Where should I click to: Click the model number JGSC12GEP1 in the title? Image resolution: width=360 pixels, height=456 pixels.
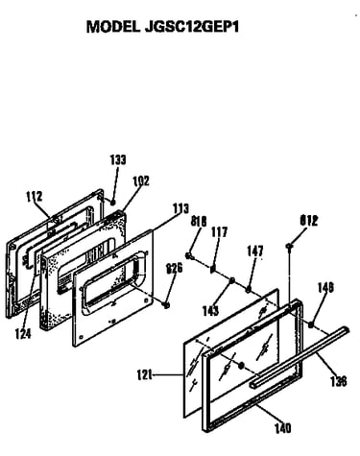[x=192, y=27]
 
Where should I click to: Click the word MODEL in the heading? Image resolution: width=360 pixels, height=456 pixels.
[x=113, y=27]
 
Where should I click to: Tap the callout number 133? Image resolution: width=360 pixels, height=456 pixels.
[x=118, y=159]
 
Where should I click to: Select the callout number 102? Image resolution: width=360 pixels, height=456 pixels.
[x=141, y=180]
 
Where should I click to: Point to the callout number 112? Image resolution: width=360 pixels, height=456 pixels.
[x=34, y=196]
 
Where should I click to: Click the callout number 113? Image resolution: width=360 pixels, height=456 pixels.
[x=180, y=208]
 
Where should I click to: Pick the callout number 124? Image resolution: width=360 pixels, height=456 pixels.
[x=23, y=334]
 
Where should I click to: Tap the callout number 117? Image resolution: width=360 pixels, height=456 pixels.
[x=220, y=232]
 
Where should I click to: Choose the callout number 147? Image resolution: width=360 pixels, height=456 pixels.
[x=255, y=252]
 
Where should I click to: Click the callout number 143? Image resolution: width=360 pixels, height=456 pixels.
[x=210, y=310]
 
